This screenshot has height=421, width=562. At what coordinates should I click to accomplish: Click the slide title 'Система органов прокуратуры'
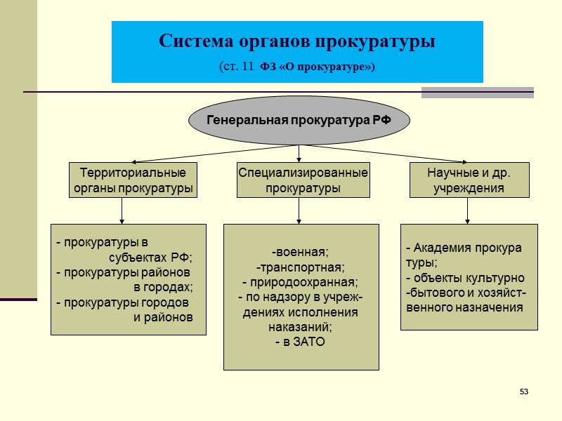tap(297, 41)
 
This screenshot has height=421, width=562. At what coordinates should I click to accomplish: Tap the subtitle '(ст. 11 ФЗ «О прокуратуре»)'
tap(297, 67)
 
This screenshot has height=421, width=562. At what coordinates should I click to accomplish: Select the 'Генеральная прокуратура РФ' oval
tap(299, 119)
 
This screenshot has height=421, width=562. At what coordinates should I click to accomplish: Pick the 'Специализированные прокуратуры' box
tap(303, 180)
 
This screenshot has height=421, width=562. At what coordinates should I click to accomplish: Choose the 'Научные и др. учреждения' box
tap(469, 180)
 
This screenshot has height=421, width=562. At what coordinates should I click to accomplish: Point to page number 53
tap(523, 390)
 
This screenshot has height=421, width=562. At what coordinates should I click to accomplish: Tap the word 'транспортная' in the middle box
tap(301, 267)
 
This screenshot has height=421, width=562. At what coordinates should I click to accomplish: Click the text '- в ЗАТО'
tap(300, 342)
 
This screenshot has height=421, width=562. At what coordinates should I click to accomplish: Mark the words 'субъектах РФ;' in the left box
tap(150, 256)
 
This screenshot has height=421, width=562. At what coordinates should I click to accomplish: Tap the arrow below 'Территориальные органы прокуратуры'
tap(122, 210)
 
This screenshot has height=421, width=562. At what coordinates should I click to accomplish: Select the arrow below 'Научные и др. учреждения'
tap(467, 210)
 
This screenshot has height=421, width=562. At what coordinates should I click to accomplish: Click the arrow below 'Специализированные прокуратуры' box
tap(300, 210)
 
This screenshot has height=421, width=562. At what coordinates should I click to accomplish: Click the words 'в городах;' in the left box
tap(162, 287)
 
